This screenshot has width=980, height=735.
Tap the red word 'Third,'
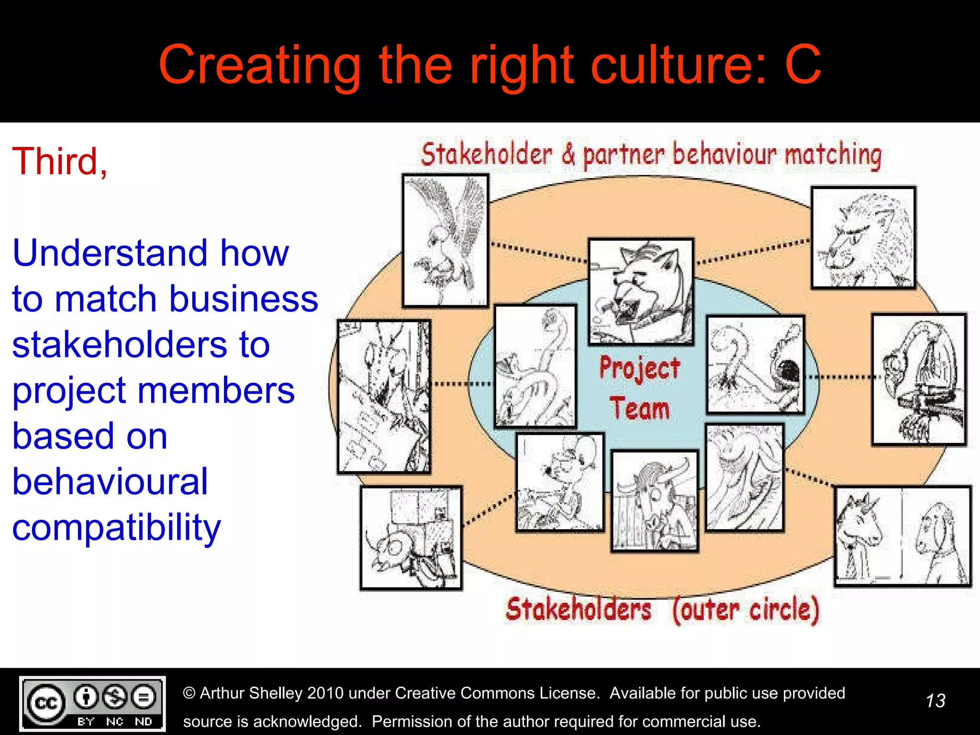click(x=60, y=161)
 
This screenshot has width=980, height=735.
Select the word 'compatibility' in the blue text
click(x=116, y=528)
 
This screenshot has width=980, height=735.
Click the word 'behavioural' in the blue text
click(x=110, y=481)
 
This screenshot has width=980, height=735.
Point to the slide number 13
click(x=935, y=701)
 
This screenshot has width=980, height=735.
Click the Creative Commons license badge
click(x=92, y=703)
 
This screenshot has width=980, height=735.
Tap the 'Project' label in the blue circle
click(x=639, y=369)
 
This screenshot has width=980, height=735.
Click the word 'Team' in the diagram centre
click(x=639, y=408)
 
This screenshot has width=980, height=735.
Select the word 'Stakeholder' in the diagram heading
click(x=487, y=155)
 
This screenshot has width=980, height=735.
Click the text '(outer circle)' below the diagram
click(x=746, y=610)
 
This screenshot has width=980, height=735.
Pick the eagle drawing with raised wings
click(x=445, y=241)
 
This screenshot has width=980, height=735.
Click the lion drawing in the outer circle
click(x=863, y=238)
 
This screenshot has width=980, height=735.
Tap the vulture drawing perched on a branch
click(x=919, y=379)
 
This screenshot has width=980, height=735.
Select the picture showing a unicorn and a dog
click(x=902, y=536)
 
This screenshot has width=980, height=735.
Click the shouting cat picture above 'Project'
click(x=641, y=291)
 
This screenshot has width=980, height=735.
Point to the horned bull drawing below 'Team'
click(x=654, y=501)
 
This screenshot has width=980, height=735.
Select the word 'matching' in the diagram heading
click(x=833, y=155)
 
